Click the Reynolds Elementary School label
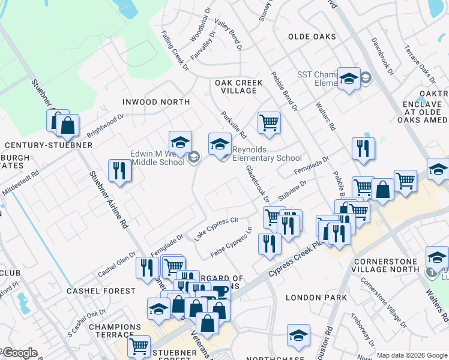point(263,154)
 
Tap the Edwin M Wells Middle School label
point(158,158)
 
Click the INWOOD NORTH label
point(156,102)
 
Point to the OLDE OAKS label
point(312,37)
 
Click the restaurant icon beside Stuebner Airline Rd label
point(119,170)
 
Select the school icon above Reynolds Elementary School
point(220,144)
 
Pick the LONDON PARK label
point(316,298)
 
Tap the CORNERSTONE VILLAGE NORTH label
point(395,265)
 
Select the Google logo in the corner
point(19,353)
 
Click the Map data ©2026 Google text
point(412,355)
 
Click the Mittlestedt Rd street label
point(20,182)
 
